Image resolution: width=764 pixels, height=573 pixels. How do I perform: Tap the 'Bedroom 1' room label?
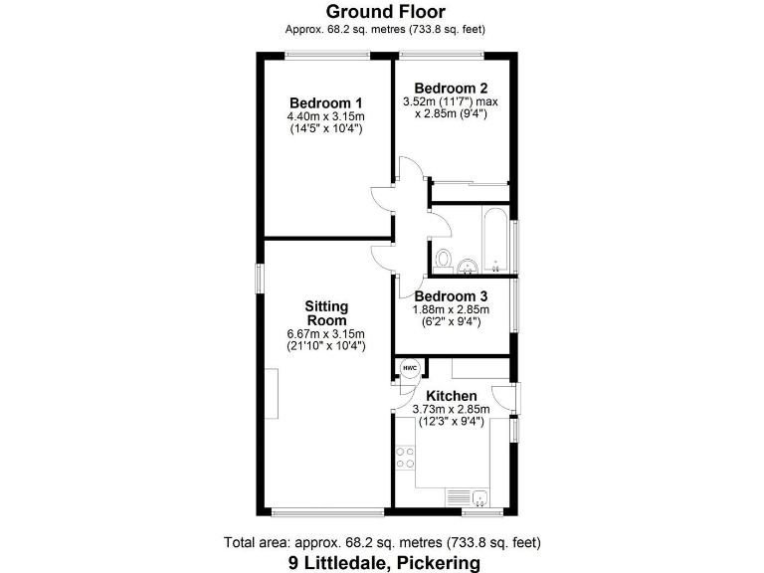[325, 103]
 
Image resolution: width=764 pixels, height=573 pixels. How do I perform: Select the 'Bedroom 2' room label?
[451, 87]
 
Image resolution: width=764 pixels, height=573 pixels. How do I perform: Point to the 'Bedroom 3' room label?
[451, 295]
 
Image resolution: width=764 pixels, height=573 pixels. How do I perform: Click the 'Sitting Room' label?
[325, 312]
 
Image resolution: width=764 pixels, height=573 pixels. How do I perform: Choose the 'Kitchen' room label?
[452, 396]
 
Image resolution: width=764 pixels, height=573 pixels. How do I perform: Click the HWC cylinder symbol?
[409, 369]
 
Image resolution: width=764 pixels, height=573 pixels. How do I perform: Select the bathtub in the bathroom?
[493, 238]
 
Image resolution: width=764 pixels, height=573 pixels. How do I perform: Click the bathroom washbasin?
[467, 265]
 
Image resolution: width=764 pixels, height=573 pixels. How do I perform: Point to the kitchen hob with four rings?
[406, 459]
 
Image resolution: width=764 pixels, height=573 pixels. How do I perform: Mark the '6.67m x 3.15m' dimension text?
[325, 333]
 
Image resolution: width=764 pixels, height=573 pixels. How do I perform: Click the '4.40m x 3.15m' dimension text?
[325, 116]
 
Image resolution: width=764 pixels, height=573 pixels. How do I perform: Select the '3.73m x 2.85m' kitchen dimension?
[452, 409]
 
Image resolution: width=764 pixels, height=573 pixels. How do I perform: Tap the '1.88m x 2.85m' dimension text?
[451, 309]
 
